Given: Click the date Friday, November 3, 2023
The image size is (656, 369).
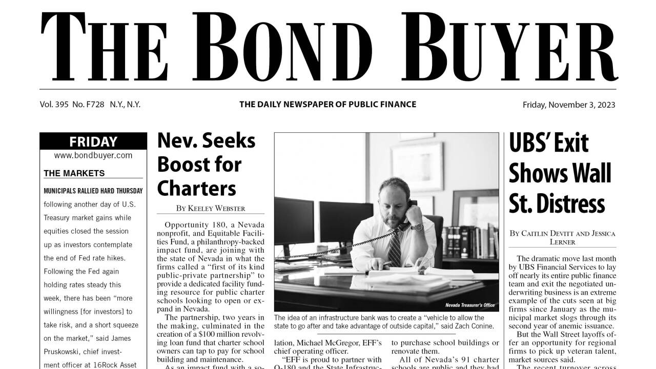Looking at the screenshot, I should [x=569, y=105].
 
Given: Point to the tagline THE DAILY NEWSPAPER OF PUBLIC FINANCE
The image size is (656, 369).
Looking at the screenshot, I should [x=327, y=105].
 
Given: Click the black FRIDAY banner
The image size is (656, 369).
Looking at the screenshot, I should [x=93, y=141].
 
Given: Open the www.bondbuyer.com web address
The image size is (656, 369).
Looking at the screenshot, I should [x=93, y=155].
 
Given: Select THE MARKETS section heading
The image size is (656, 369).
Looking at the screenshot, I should [x=74, y=173].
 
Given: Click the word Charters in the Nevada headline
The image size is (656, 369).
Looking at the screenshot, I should [x=196, y=188].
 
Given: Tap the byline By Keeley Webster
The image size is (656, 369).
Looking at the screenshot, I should [x=211, y=208].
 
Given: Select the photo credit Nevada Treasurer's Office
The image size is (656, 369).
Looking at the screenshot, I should [x=469, y=305].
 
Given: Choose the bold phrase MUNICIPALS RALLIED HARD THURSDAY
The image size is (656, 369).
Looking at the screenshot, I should [x=93, y=191].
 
